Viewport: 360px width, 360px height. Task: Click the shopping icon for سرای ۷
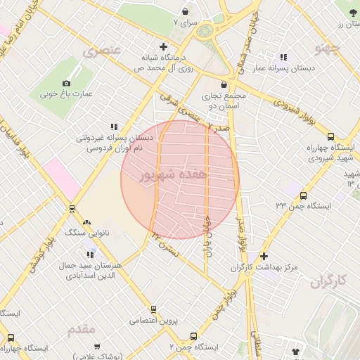(186, 12)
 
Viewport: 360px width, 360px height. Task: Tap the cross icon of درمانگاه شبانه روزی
(164, 46)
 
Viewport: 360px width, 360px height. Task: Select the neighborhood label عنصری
(102, 51)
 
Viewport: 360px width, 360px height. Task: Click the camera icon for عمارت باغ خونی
(67, 82)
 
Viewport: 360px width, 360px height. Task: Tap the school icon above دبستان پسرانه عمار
(283, 57)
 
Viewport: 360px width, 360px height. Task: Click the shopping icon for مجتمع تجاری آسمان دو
(224, 85)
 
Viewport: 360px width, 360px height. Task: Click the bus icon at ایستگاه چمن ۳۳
(303, 195)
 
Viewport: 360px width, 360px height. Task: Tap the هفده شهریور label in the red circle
(174, 175)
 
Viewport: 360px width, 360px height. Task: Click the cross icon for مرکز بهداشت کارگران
(264, 257)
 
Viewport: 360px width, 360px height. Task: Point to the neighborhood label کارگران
(328, 281)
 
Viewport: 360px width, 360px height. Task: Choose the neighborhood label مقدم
(82, 328)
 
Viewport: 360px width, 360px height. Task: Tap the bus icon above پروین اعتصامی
(153, 309)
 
